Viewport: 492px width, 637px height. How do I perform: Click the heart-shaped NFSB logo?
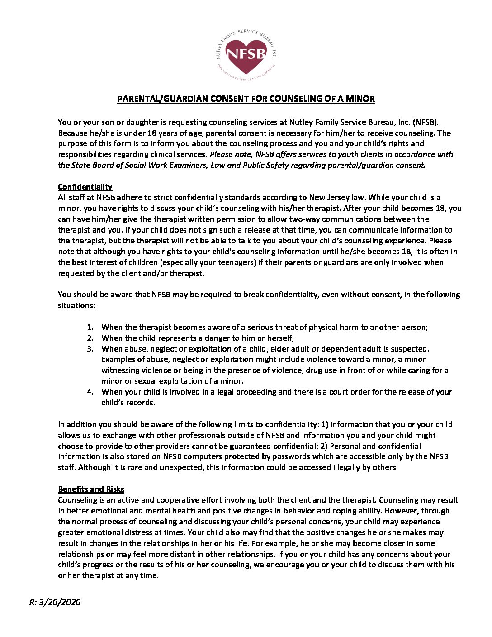click(246, 55)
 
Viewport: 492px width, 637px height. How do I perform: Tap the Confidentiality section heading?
click(85, 187)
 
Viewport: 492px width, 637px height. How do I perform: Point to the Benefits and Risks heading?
click(91, 489)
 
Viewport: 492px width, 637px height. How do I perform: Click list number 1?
click(90, 327)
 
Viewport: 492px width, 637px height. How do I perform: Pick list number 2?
click(90, 338)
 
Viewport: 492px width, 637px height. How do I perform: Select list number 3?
click(90, 349)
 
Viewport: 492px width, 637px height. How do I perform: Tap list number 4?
click(90, 392)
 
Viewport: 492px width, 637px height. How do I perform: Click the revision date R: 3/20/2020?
click(55, 602)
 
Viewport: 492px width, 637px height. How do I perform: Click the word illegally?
click(339, 467)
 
